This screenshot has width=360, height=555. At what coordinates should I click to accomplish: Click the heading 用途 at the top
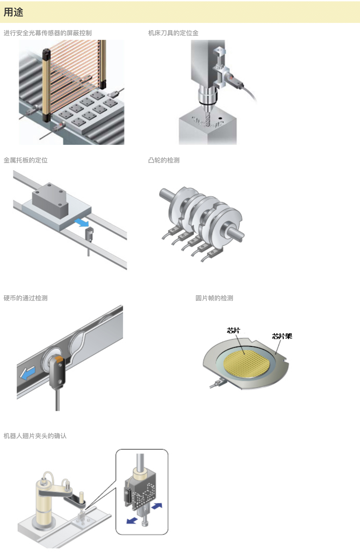point(13,12)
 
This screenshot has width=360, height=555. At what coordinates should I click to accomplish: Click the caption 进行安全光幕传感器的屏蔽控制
point(47,33)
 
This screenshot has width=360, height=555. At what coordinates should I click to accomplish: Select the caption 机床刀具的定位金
point(173,33)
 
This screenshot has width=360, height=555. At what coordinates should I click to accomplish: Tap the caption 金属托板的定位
point(26,160)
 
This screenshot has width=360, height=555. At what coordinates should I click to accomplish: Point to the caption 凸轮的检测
point(164,160)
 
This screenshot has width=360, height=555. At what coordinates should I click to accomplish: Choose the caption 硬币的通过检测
point(26,298)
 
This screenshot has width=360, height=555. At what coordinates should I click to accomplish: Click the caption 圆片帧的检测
point(214,298)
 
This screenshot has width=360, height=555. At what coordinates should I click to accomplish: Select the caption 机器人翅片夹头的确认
point(35,436)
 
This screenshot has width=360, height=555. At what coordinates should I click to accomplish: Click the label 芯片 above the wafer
point(233,330)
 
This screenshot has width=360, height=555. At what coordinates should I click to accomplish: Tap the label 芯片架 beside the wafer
point(282,336)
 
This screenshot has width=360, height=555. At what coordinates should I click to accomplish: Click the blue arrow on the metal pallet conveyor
point(81,222)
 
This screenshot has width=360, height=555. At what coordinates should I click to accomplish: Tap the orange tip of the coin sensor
point(58,359)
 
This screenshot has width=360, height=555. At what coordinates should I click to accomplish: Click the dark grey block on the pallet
point(50,200)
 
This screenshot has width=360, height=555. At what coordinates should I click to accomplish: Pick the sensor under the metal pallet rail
point(89,234)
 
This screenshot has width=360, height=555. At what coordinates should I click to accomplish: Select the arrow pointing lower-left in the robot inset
point(132,520)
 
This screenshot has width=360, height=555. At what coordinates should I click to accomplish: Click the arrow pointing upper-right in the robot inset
point(157,506)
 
